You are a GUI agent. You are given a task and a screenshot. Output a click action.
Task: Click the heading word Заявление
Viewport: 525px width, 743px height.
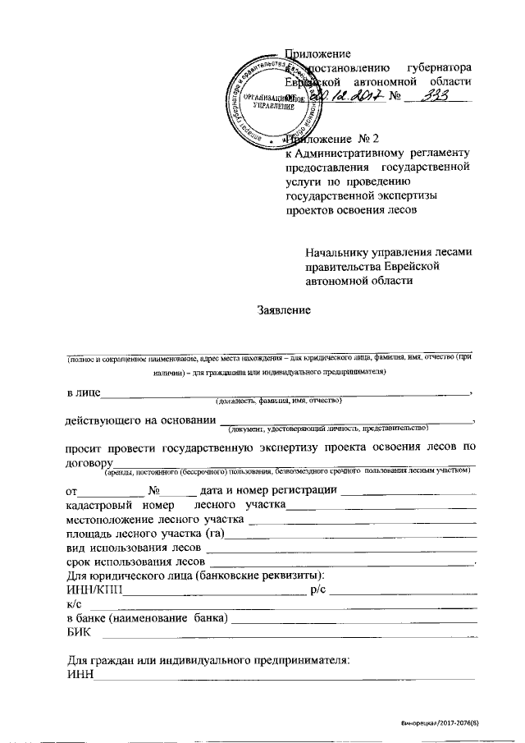pos(284,311)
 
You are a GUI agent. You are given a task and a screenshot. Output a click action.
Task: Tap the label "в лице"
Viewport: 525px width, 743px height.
pos(83,392)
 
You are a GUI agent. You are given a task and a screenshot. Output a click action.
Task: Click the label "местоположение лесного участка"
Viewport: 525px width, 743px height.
pos(155,520)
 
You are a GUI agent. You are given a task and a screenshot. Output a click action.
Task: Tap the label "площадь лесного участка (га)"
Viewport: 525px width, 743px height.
pos(145,534)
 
